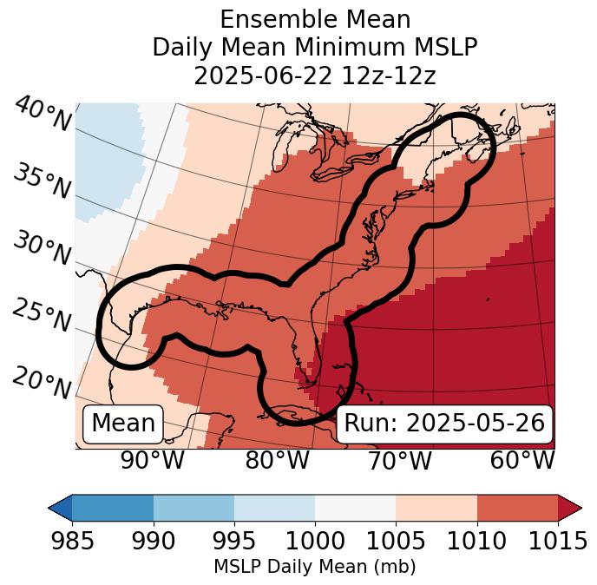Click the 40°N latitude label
[x=43, y=115]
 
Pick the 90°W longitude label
[x=153, y=460]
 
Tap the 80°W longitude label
[x=277, y=460]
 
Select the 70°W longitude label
[x=400, y=460]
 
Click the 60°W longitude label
[x=522, y=460]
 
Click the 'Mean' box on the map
[x=123, y=424]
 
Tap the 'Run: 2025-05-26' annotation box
[x=444, y=424]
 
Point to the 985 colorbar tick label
[x=72, y=542]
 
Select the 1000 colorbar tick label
[x=315, y=542]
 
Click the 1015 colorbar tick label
[x=557, y=542]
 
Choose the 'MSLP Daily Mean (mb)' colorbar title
[x=314, y=567]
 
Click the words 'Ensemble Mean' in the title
[x=315, y=19]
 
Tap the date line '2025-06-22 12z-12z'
[x=315, y=76]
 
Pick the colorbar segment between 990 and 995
[x=194, y=507]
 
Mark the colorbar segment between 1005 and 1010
[x=436, y=507]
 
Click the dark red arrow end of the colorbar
[x=569, y=507]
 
